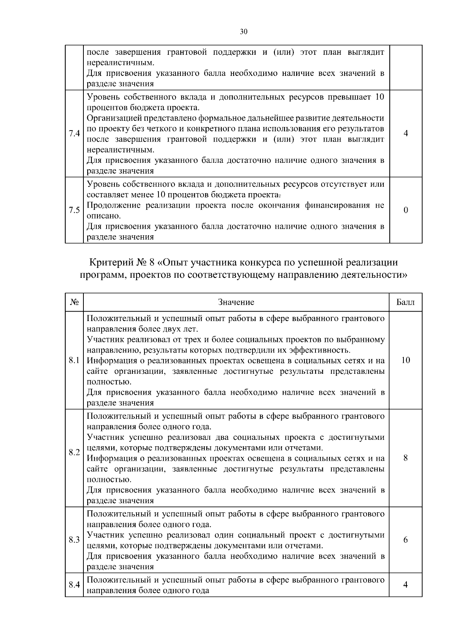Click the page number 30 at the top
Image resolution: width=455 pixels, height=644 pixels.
coord(244,31)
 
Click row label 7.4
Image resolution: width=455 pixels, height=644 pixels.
coord(74,134)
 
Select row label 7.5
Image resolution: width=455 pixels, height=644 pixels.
coord(74,210)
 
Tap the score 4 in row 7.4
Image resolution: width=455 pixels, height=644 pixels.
coord(406,134)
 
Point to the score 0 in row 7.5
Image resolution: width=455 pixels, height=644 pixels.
coord(406,210)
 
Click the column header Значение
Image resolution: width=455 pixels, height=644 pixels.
coord(236,302)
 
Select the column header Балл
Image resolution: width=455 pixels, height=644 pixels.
coord(405,302)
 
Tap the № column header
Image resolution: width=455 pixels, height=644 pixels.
coord(74,302)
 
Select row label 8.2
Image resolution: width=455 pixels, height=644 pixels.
coord(74,453)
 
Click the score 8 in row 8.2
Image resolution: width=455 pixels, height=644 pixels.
coord(406,458)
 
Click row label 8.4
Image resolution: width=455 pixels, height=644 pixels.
coord(74,585)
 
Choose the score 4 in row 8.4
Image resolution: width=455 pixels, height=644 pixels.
coord(406,585)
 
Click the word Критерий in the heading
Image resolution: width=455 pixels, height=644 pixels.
coord(109,262)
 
